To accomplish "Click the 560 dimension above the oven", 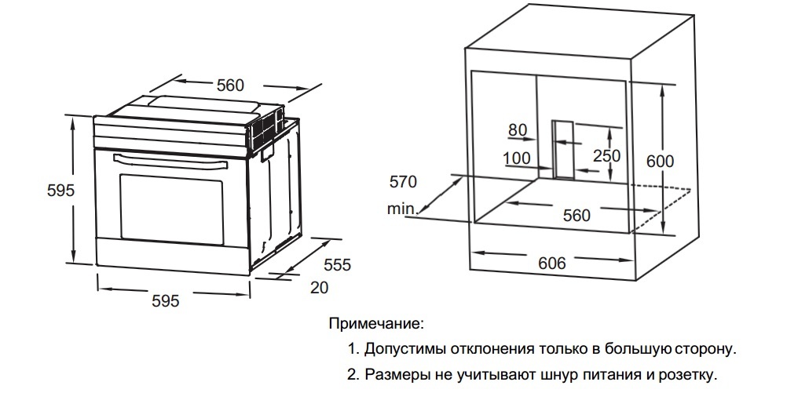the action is pyautogui.click(x=230, y=85).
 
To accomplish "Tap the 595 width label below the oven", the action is pyautogui.click(x=165, y=300).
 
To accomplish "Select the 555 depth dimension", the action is pyautogui.click(x=337, y=265).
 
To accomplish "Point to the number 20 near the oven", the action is pyautogui.click(x=319, y=288).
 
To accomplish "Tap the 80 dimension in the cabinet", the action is pyautogui.click(x=517, y=130).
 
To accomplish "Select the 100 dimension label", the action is pyautogui.click(x=516, y=158).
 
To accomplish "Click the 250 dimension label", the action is pyautogui.click(x=606, y=156).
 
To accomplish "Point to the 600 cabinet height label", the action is pyautogui.click(x=660, y=161).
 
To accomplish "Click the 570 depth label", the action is pyautogui.click(x=404, y=183).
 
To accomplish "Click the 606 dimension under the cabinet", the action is pyautogui.click(x=552, y=263).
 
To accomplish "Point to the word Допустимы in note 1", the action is pyautogui.click(x=399, y=348).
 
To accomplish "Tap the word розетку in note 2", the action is pyautogui.click(x=688, y=375).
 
